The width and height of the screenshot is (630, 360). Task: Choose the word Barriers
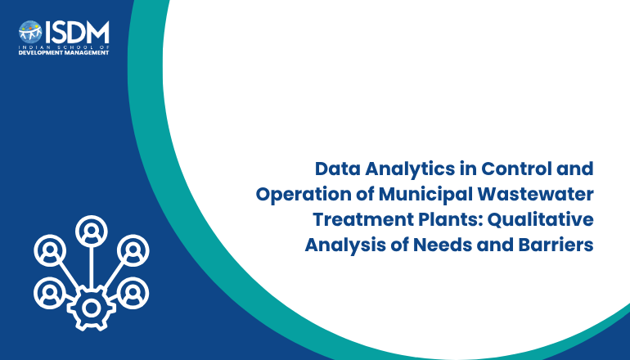556,245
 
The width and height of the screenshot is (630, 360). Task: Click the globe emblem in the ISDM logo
30,32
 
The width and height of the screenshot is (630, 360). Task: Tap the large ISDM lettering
77,32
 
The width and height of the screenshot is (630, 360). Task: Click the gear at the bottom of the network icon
91,308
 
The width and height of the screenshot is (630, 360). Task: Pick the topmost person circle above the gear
92,232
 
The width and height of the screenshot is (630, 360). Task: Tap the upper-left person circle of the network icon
50,250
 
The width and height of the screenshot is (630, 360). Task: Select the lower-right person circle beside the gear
133,293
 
